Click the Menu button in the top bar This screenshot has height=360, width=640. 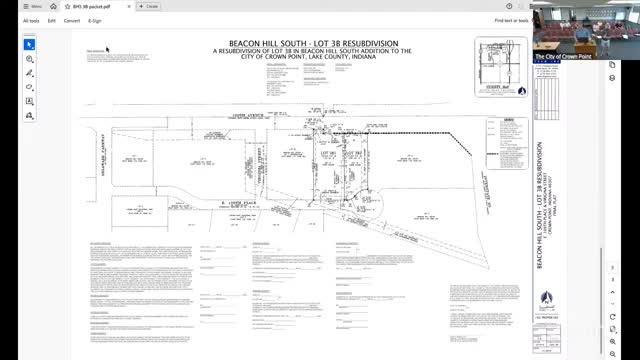tap(31, 6)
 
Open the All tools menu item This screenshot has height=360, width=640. tap(33, 20)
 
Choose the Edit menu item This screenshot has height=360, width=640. tap(51, 20)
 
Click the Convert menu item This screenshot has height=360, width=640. tap(72, 20)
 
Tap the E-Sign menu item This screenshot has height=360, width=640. tap(95, 20)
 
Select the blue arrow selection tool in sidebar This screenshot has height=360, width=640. tap(30, 44)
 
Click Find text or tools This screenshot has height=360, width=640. tap(511, 20)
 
